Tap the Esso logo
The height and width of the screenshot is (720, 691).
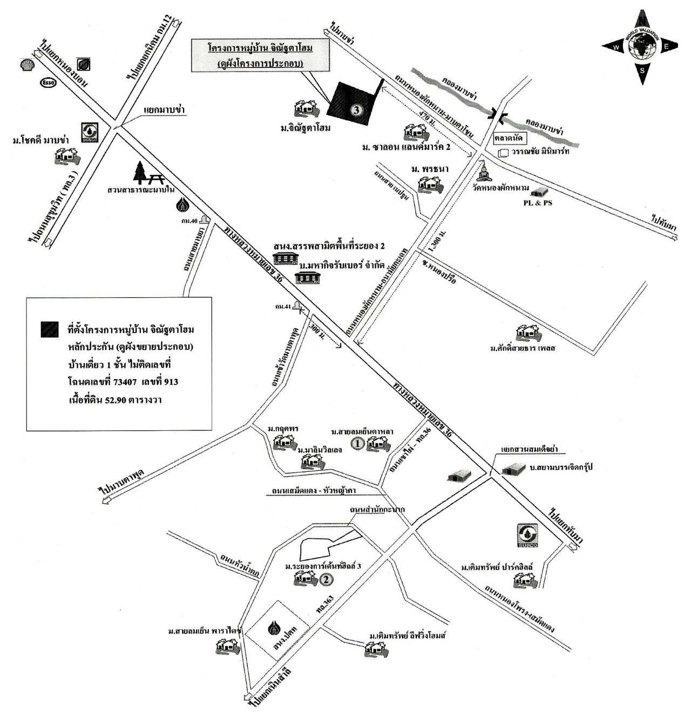(48, 83)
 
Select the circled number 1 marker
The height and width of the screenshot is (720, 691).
(357, 444)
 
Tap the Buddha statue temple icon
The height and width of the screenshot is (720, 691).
(484, 173)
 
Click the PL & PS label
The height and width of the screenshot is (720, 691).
(540, 203)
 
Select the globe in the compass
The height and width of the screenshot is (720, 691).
(641, 47)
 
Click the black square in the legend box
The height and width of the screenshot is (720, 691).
(49, 330)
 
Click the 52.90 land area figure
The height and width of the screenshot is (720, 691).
(116, 400)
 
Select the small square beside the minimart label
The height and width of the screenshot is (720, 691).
(504, 153)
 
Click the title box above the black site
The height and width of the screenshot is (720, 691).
(261, 55)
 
